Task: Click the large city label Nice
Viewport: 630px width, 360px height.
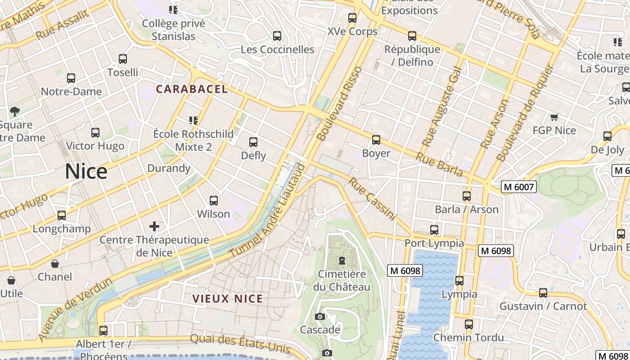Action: [x=86, y=171]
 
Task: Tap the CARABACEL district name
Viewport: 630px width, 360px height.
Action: [x=192, y=89]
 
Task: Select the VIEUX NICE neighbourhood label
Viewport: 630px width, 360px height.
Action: [x=228, y=299]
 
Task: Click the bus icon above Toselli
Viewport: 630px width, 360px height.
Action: [x=122, y=59]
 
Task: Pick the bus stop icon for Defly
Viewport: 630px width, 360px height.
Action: [x=253, y=142]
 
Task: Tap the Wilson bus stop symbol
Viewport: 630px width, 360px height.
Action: [x=214, y=200]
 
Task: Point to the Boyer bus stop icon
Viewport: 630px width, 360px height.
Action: [x=376, y=140]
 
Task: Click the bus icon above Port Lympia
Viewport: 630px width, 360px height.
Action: [x=434, y=230]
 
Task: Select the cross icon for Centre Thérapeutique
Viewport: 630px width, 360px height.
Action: [x=154, y=226]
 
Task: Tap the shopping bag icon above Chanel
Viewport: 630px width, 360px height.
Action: [x=55, y=263]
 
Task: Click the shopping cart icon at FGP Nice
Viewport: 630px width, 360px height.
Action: [x=554, y=117]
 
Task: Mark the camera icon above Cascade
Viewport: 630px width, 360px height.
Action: [x=320, y=317]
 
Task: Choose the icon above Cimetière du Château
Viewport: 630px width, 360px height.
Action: [x=342, y=261]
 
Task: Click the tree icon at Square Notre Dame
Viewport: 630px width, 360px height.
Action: [x=15, y=111]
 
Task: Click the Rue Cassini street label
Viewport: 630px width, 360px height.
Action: [x=372, y=199]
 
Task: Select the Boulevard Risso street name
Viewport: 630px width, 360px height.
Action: [x=339, y=103]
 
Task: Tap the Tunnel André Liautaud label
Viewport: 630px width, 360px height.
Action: [x=267, y=211]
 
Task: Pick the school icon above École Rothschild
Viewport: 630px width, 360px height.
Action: [x=193, y=121]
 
